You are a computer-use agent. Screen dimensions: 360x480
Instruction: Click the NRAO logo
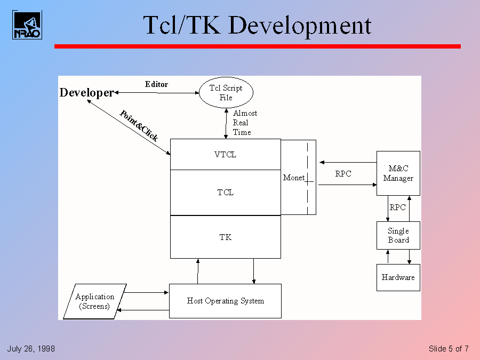[27, 25]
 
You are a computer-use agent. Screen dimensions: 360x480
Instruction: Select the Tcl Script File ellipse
[226, 93]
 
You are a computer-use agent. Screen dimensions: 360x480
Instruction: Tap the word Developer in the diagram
[86, 93]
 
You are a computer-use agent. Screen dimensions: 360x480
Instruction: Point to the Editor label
[156, 84]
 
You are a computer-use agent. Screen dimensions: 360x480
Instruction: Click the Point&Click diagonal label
[139, 125]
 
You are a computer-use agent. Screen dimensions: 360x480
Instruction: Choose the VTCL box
[225, 155]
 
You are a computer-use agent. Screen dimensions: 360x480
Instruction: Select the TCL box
[225, 193]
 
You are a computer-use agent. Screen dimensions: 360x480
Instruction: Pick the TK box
[225, 237]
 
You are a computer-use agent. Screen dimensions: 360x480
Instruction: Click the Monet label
[294, 178]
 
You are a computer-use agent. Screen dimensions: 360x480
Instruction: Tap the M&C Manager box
[398, 173]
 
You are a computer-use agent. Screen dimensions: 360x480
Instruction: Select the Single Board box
[398, 235]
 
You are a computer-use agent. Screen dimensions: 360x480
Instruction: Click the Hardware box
[398, 277]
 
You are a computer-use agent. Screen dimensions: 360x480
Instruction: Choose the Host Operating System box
[225, 301]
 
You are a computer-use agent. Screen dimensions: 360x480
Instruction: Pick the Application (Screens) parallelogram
[94, 301]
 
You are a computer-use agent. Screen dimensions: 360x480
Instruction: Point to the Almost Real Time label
[245, 123]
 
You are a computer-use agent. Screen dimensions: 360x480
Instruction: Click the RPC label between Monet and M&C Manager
[343, 174]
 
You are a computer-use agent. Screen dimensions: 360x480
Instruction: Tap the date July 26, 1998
[31, 349]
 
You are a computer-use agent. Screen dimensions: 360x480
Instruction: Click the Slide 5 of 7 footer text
[449, 349]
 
